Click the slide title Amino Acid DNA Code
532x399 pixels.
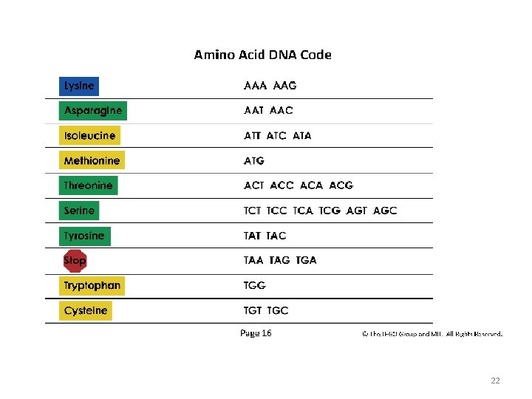(x=262, y=55)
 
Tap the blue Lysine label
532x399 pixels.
(x=79, y=86)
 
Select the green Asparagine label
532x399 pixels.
(x=92, y=111)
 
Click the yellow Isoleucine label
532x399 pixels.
(x=89, y=136)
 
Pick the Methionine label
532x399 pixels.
(x=92, y=160)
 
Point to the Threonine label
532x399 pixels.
(x=88, y=185)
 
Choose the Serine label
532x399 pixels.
(x=79, y=211)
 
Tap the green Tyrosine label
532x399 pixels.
(x=84, y=236)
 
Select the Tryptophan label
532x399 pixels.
(x=92, y=285)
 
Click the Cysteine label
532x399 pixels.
(x=86, y=310)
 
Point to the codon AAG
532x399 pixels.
(x=284, y=86)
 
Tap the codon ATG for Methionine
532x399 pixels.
(x=254, y=160)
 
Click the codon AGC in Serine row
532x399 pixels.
(x=385, y=211)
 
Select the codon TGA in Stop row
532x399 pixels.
(x=306, y=260)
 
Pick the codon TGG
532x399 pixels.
(x=255, y=285)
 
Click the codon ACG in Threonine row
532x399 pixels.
(x=341, y=185)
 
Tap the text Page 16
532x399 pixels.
(x=256, y=333)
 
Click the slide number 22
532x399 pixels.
(x=495, y=381)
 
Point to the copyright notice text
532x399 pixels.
(x=432, y=334)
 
